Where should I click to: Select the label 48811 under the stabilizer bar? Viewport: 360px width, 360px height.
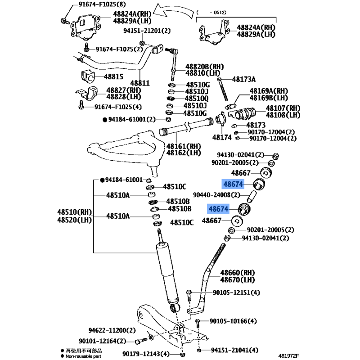pyautogui.click(x=140, y=84)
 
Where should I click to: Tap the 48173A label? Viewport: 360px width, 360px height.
pyautogui.click(x=243, y=79)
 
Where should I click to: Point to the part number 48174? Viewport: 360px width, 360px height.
pyautogui.click(x=221, y=137)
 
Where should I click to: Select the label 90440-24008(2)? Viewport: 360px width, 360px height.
pyautogui.click(x=217, y=195)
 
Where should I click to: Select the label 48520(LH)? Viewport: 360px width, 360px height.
pyautogui.click(x=74, y=220)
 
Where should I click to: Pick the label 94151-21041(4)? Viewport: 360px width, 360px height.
pyautogui.click(x=235, y=350)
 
